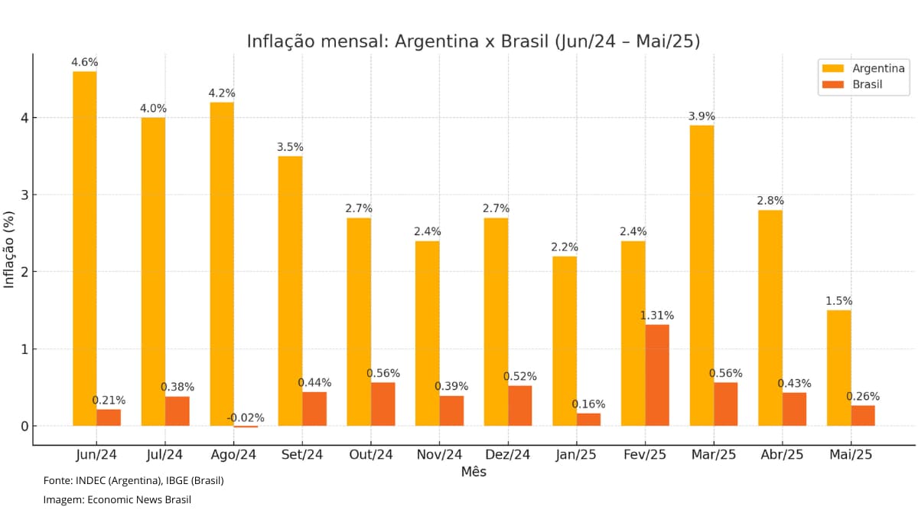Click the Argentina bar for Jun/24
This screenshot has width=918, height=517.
coord(84,249)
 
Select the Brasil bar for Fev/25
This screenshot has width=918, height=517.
coord(657,375)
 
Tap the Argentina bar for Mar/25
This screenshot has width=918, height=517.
coord(702,276)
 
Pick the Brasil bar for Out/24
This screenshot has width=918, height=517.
coord(383,404)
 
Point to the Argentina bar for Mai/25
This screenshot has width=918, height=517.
coord(838,368)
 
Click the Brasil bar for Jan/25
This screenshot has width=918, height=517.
coord(588,420)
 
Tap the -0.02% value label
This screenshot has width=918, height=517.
coord(246,417)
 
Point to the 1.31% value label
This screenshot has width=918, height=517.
coord(657,316)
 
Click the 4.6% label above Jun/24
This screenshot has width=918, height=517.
coord(84,62)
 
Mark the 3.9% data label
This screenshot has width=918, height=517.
coord(702,116)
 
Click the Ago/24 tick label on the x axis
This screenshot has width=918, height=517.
coord(233,454)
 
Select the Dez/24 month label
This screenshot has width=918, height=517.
coord(508,454)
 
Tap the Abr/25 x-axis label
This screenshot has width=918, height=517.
coord(782,454)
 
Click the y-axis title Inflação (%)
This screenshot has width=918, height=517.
coord(9,250)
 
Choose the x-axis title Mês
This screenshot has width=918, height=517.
coord(474,472)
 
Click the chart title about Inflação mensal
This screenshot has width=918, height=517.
coord(474,41)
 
